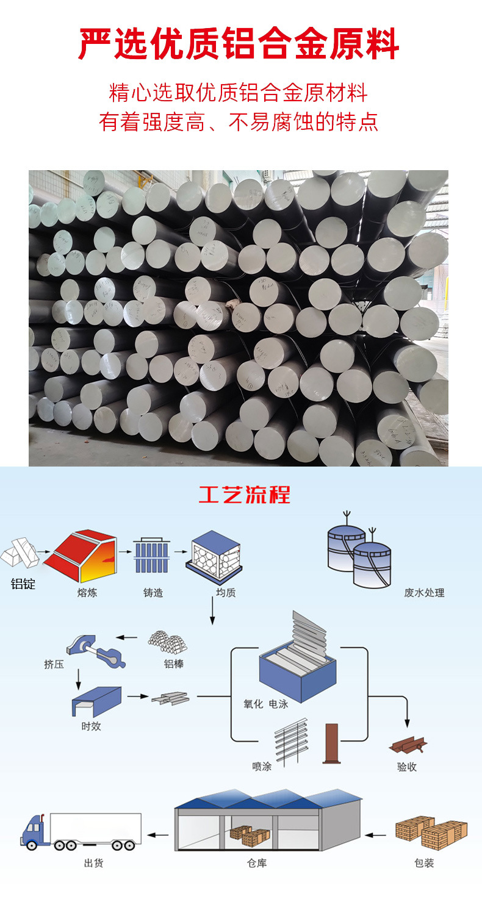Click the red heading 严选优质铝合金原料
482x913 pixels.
(240, 45)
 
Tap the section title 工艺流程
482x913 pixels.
(244, 495)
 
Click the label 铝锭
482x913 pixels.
(23, 584)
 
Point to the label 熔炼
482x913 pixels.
(87, 592)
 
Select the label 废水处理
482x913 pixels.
(424, 592)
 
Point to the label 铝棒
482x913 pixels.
(174, 664)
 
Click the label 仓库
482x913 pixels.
(257, 864)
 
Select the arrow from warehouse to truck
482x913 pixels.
(160, 834)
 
